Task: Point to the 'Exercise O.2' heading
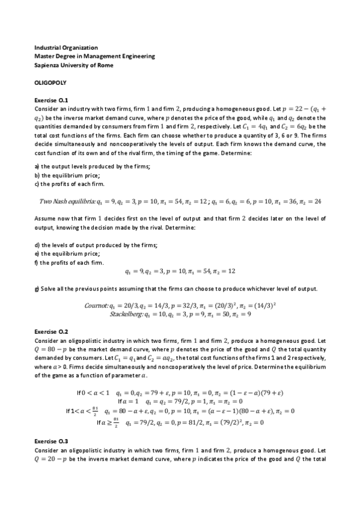coord(52,331)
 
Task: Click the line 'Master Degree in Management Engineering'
coord(94,55)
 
